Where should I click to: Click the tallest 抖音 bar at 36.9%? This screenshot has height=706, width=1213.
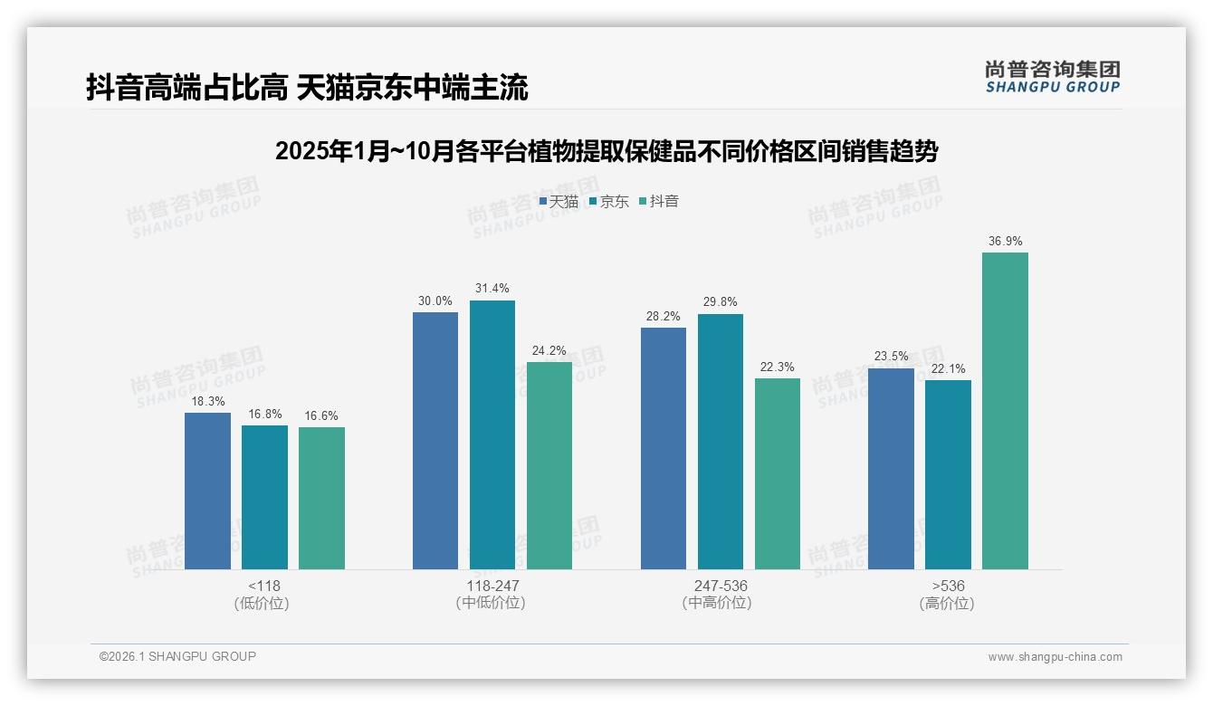(1005, 411)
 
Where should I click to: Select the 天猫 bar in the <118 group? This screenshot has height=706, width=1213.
(207, 491)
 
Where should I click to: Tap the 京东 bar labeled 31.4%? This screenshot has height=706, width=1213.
(492, 434)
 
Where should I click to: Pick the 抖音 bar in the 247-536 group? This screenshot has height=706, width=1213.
(778, 473)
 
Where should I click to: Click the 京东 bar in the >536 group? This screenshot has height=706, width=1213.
(948, 474)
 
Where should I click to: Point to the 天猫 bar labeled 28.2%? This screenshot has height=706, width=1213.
(663, 448)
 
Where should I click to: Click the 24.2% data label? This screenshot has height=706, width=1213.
(549, 350)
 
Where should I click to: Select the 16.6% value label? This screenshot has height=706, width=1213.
(321, 416)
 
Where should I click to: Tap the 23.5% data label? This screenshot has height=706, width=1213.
(891, 357)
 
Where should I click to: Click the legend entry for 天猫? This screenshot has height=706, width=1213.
(559, 201)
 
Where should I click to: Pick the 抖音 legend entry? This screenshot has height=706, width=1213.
(659, 201)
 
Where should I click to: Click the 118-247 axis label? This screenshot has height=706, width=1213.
(492, 586)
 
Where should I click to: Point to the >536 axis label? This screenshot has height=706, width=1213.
(947, 586)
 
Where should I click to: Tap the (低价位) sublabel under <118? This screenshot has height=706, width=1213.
(264, 603)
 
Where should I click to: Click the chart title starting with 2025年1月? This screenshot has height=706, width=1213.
(606, 151)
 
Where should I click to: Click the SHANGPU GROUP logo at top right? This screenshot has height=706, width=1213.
(1052, 76)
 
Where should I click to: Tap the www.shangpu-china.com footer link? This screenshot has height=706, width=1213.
(1055, 657)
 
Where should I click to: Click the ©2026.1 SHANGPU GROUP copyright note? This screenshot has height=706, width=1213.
(177, 656)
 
